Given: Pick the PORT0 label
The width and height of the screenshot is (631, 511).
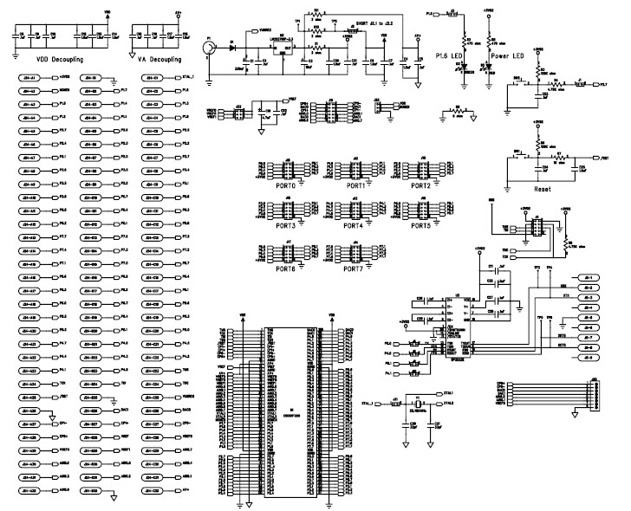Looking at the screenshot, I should point(284,186).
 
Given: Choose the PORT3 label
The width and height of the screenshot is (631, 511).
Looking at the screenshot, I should point(284,226).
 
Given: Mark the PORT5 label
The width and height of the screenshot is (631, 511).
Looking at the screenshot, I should point(420,226).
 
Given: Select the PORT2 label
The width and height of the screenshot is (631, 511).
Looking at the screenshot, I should point(420,186).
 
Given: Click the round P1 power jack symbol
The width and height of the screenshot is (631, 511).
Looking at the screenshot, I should point(209,50).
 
